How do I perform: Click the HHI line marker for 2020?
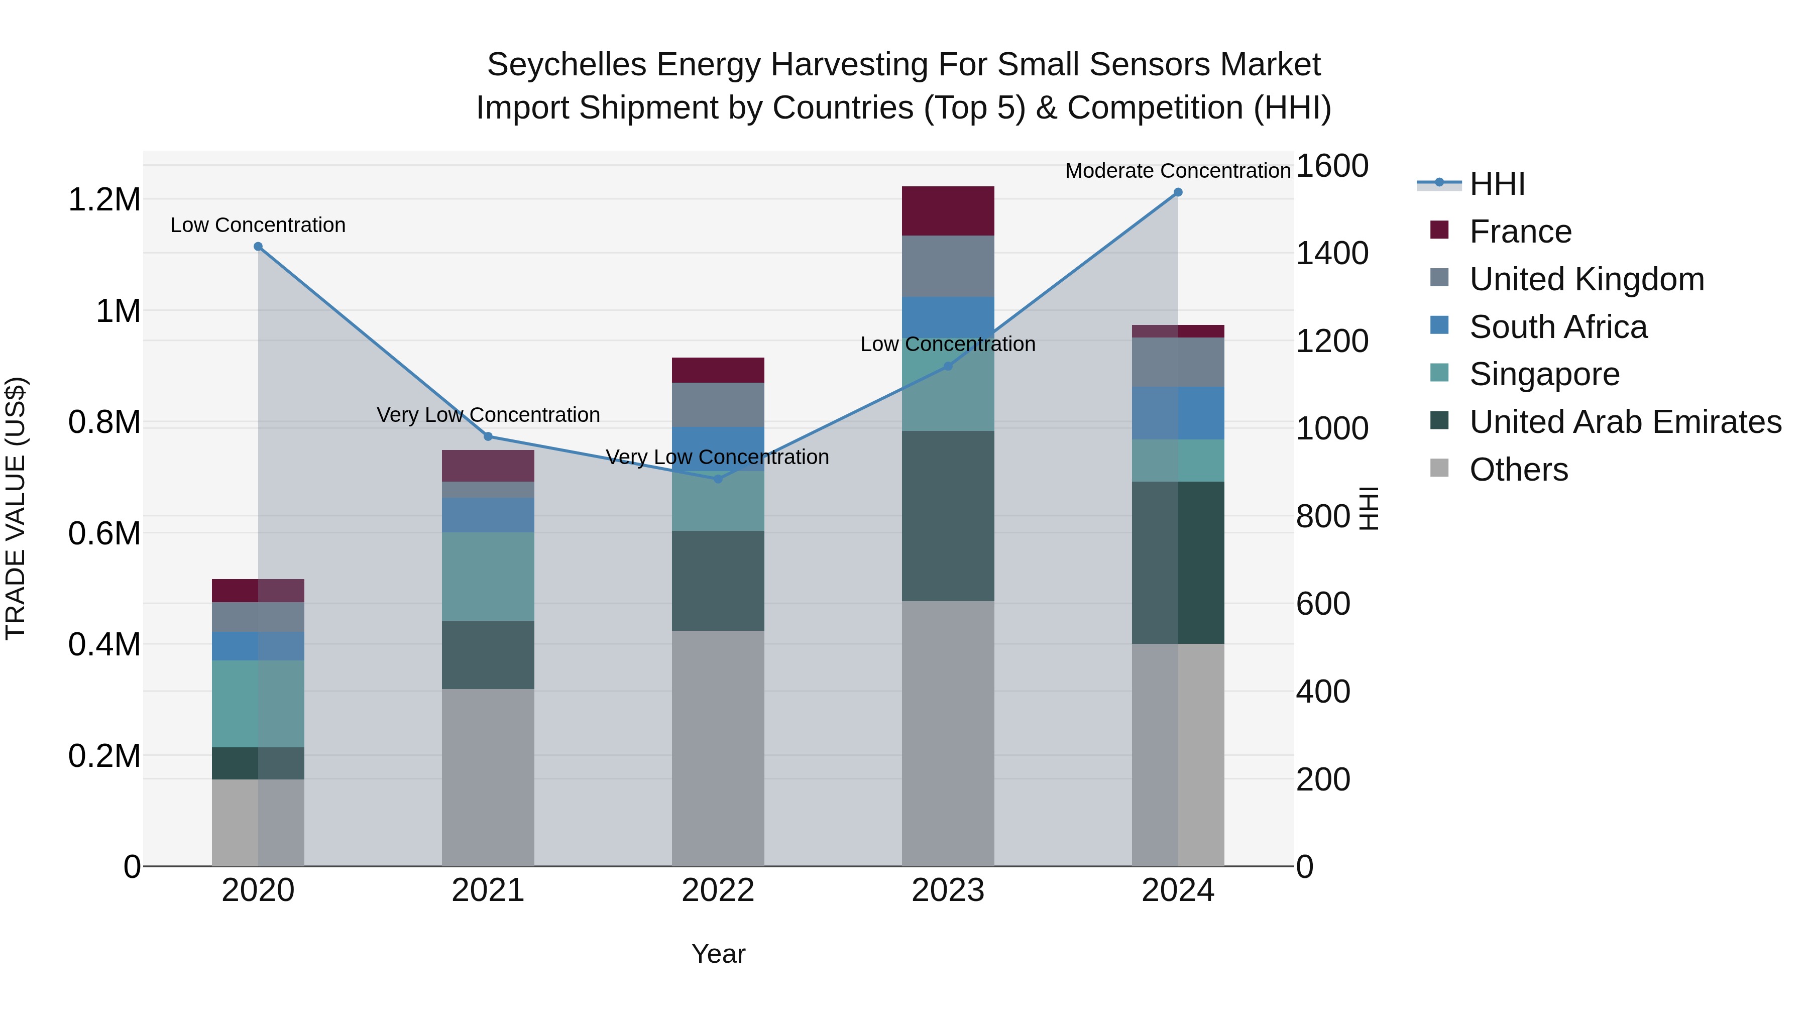258,247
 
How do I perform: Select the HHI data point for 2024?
1178,192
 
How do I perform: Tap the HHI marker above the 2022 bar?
717,479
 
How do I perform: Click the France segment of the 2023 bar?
948,210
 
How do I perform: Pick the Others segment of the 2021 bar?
488,777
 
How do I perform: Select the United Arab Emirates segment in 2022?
717,581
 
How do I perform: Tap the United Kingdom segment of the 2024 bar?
1178,362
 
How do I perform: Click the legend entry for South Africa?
1557,327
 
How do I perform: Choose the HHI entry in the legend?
1497,184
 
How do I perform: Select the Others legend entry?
1518,470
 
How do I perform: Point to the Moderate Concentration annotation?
1177,171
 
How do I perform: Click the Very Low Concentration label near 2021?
488,415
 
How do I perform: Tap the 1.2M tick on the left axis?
104,200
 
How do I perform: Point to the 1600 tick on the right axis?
1331,166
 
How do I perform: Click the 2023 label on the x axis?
948,890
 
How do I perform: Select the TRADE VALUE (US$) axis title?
16,508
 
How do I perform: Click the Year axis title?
718,954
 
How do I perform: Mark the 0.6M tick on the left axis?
104,533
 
